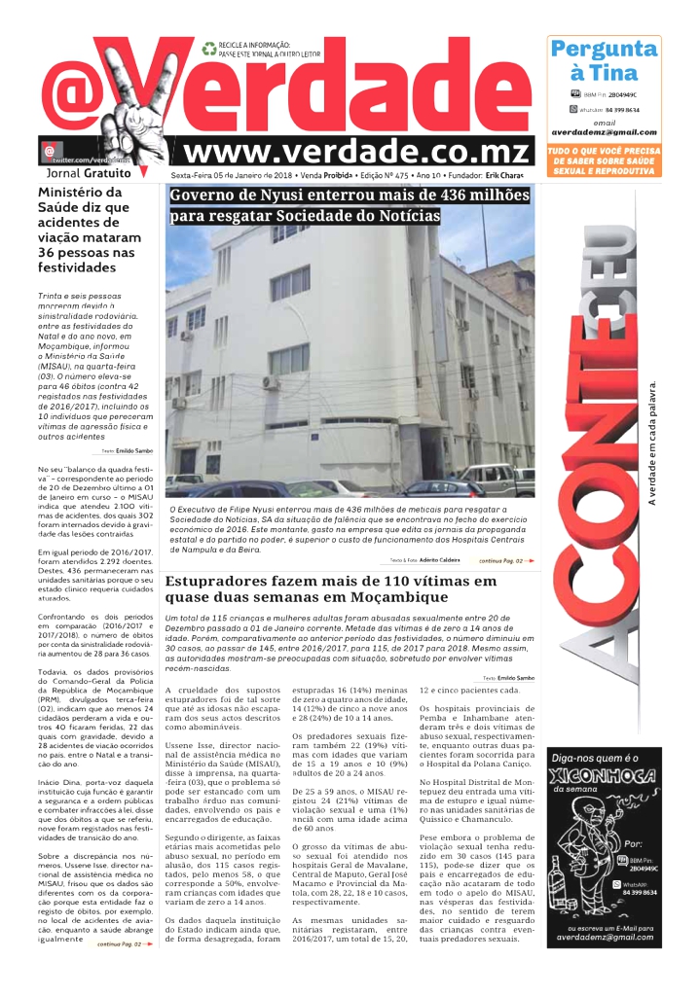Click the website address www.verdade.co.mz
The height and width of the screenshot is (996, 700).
[358, 152]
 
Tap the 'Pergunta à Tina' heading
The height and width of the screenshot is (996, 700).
[604, 60]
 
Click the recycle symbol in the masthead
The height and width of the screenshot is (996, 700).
[208, 46]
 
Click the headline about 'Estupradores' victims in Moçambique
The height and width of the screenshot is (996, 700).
[331, 588]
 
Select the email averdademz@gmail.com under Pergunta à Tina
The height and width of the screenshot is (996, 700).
[604, 132]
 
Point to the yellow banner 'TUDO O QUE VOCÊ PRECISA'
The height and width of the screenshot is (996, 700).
[604, 152]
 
